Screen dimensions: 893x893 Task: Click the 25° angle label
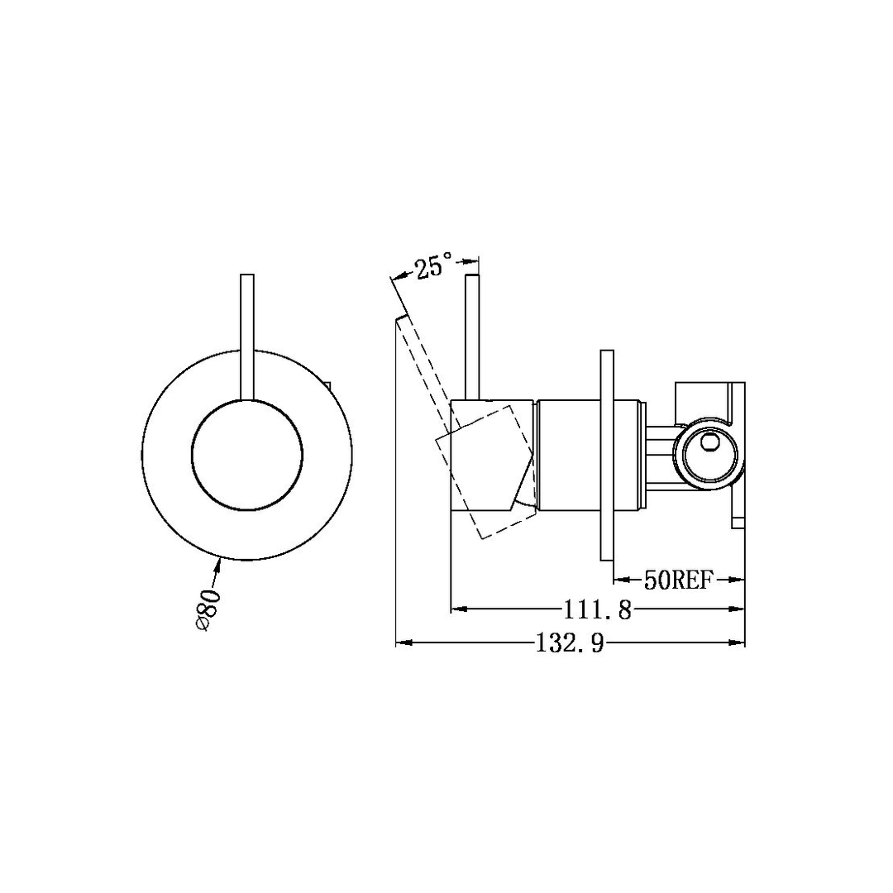click(434, 267)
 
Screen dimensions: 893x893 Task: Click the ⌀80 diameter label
click(208, 609)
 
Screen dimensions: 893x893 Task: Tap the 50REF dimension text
click(678, 580)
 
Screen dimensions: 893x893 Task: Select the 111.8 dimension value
click(598, 610)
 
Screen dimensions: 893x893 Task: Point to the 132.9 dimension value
click(570, 643)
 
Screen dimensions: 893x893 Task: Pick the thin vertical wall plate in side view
click(606, 455)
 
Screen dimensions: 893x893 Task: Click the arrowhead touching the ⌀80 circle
click(219, 565)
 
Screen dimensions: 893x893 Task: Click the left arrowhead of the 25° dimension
click(395, 276)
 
